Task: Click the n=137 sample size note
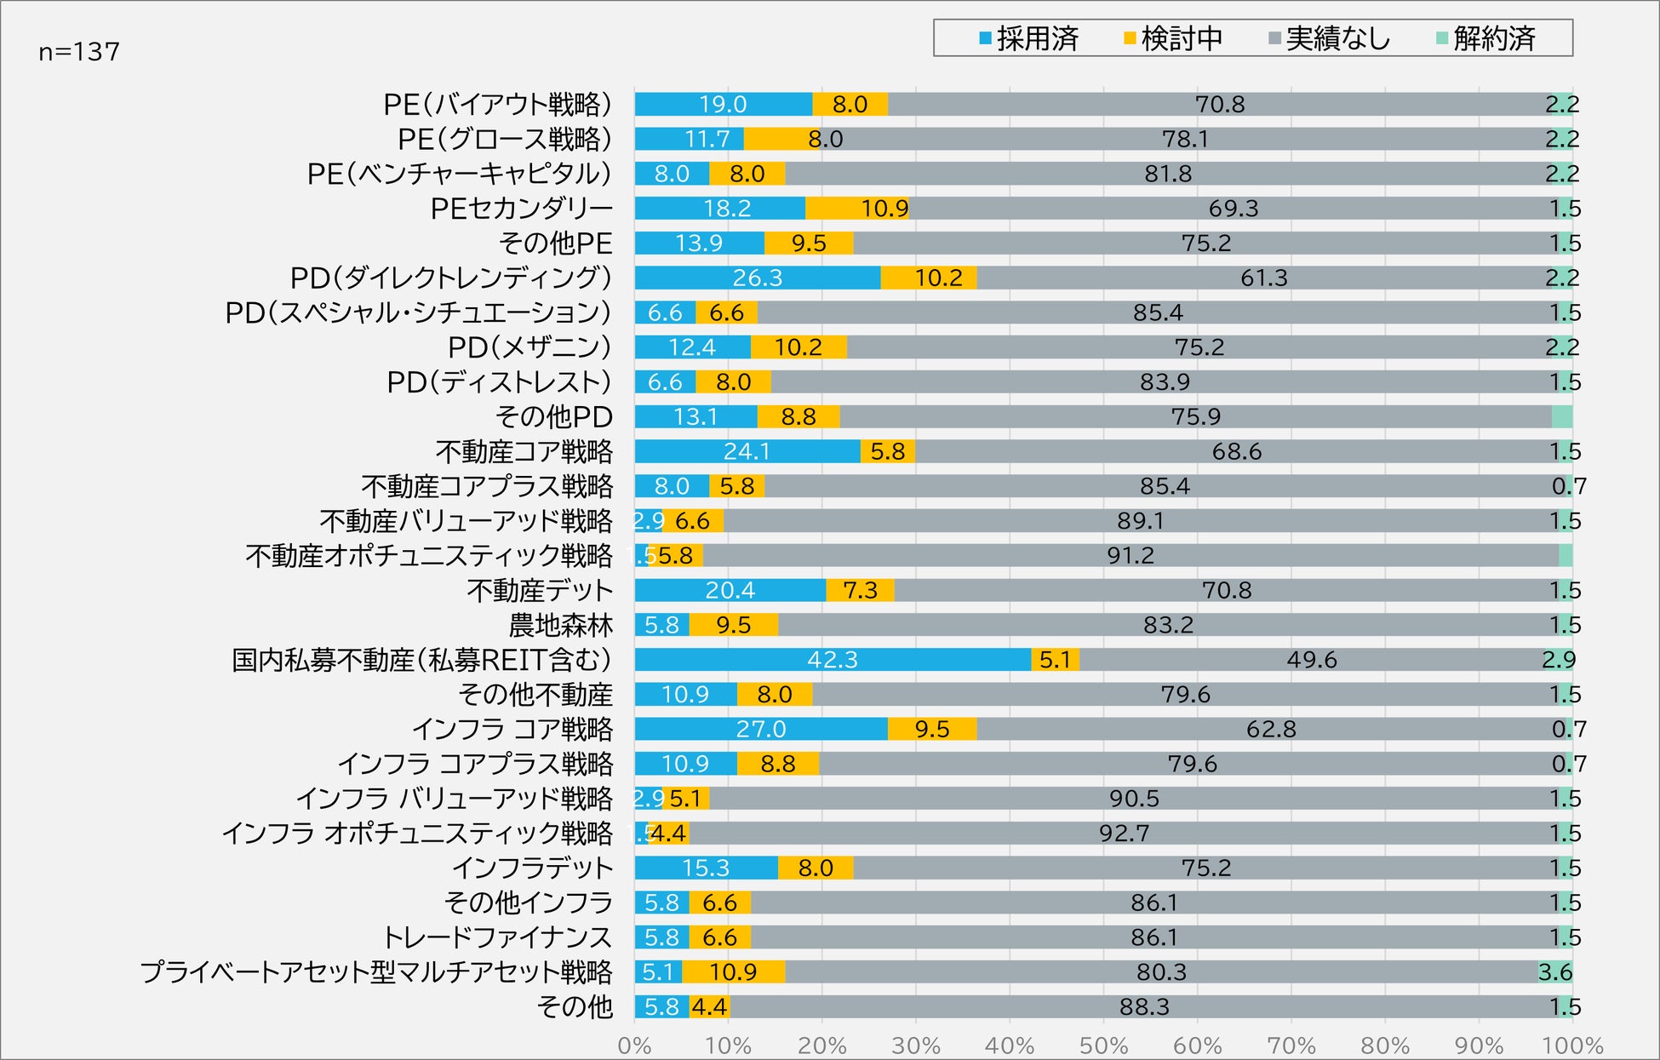tap(79, 52)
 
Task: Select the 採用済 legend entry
tap(1029, 38)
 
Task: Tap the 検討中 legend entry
tap(1173, 38)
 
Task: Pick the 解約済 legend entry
tap(1485, 38)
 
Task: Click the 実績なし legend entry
tap(1329, 38)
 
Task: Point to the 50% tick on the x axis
tap(1103, 1046)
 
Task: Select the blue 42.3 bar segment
tap(833, 660)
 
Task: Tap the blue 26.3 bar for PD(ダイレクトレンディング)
tap(757, 278)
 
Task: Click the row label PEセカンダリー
tap(521, 209)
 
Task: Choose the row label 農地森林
tap(560, 625)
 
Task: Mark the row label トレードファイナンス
tap(497, 937)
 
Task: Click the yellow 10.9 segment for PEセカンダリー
tap(858, 209)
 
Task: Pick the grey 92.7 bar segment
tap(1124, 833)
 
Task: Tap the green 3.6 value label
tap(1555, 972)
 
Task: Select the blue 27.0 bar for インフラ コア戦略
tap(761, 729)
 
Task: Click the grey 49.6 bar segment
tap(1311, 660)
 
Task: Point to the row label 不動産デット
tap(540, 590)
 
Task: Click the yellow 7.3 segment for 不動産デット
tap(860, 590)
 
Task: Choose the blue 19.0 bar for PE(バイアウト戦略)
tap(723, 104)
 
